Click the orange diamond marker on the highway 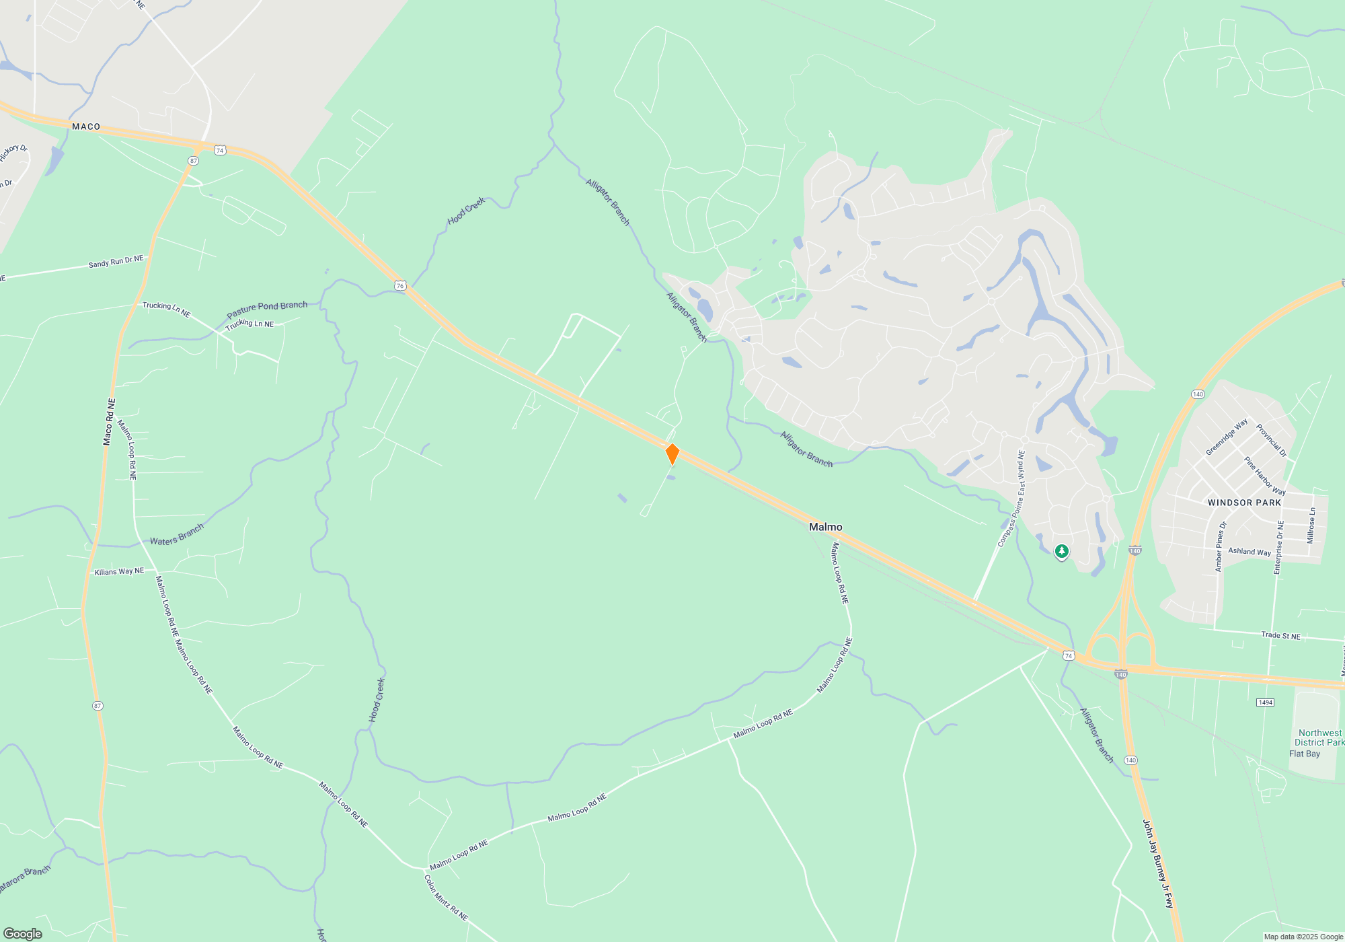pos(672,454)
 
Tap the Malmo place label pos(825,527)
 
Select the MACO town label pos(86,126)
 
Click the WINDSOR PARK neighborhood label pos(1244,503)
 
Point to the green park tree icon pos(1061,552)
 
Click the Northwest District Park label pos(1319,737)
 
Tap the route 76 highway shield pos(400,286)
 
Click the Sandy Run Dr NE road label pos(116,262)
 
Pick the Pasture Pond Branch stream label pos(267,310)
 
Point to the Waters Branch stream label pos(176,536)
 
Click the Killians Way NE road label pos(119,571)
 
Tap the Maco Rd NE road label pos(109,422)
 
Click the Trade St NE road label pos(1280,635)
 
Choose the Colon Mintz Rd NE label pos(445,897)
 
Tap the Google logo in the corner pos(23,933)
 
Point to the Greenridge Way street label pos(1226,437)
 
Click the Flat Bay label pos(1304,754)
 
